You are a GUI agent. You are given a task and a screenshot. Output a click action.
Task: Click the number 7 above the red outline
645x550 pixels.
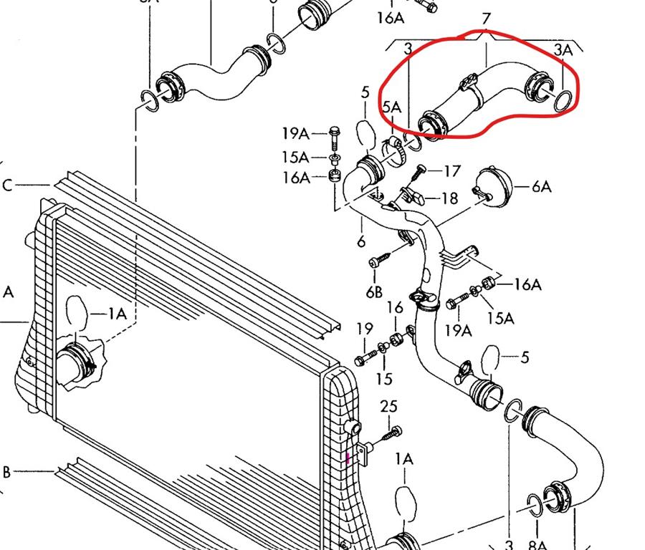(487, 18)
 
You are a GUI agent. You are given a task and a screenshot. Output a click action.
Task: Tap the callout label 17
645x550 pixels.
(451, 171)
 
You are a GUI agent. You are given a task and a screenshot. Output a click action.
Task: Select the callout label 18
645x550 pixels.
(449, 198)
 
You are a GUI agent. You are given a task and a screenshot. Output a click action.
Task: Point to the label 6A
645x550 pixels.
(541, 186)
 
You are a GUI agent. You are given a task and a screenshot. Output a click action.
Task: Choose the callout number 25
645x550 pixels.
(388, 407)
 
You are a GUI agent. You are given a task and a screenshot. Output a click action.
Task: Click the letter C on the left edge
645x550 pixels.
(7, 186)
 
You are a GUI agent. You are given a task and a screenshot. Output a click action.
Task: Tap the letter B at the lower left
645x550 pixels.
(6, 472)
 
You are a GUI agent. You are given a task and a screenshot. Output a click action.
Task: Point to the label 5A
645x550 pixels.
(391, 107)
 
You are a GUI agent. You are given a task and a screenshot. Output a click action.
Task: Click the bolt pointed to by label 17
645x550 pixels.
(419, 173)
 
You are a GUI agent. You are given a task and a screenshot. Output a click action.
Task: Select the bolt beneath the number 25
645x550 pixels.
(393, 432)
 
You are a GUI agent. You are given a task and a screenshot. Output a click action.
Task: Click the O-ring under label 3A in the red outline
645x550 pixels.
(565, 102)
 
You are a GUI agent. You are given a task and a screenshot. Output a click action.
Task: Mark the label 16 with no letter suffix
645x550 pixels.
(395, 308)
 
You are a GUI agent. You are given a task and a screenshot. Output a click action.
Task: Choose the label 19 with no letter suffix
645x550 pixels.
(365, 329)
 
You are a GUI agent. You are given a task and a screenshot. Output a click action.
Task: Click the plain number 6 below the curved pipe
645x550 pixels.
(361, 241)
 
